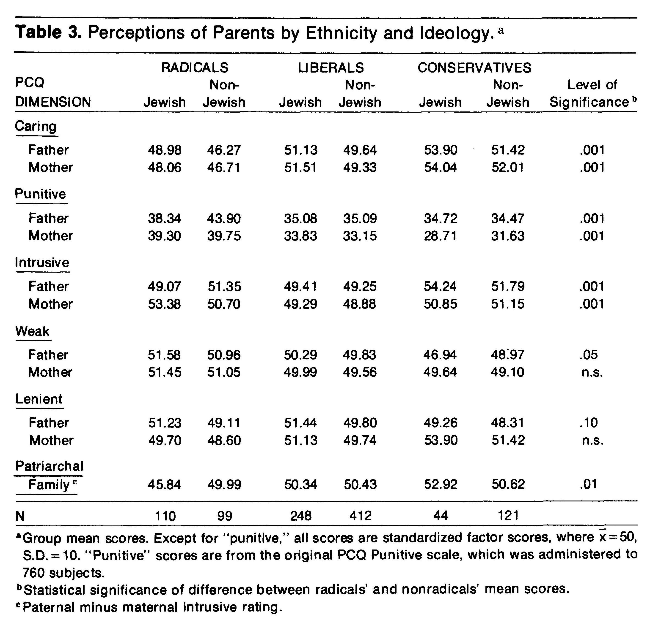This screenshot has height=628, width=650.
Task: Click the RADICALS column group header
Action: tap(195, 68)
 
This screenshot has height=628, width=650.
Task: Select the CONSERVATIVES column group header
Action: tap(474, 68)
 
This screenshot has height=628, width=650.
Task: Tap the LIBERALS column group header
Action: tap(331, 68)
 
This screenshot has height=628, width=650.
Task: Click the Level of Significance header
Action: tap(592, 93)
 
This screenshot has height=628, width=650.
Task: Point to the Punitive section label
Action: tap(41, 194)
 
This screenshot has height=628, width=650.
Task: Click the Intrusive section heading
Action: tap(42, 262)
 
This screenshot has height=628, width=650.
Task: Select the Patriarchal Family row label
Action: tap(49, 475)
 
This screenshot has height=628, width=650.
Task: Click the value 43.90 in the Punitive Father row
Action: tap(224, 219)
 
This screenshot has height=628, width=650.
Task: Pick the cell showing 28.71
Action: tap(441, 236)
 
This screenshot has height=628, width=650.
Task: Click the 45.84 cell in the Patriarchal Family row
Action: tap(165, 485)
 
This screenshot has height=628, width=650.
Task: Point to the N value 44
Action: tap(441, 516)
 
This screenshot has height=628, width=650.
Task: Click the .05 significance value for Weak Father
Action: tap(589, 355)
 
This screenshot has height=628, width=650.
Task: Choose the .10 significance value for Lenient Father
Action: tap(589, 423)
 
